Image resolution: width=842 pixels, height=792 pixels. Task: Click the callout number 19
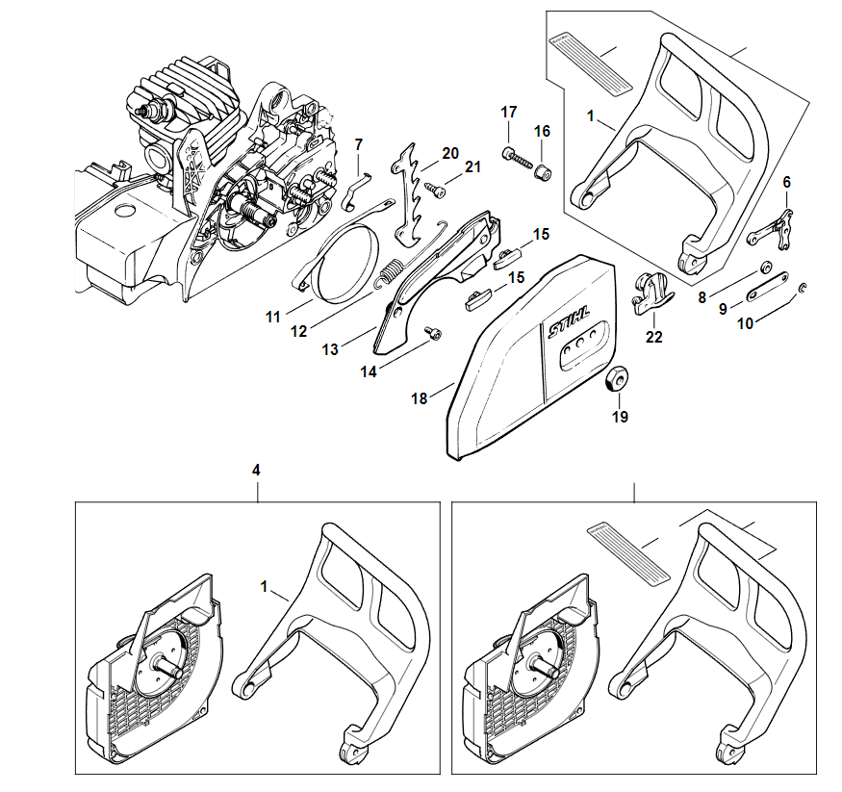[620, 417]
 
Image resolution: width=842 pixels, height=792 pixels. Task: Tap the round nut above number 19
[614, 379]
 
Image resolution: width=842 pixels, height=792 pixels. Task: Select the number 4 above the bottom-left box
[255, 470]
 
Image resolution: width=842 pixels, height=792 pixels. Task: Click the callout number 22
[654, 337]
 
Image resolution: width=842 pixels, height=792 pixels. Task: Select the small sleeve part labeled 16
[543, 172]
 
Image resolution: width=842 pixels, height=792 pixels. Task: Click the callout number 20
[450, 154]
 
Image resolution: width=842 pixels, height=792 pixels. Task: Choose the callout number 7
[359, 144]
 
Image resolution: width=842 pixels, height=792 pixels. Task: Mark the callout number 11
[272, 315]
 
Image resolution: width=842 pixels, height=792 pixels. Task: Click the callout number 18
[420, 398]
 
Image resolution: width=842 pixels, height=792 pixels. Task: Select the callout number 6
[786, 181]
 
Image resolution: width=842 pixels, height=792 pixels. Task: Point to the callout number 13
[330, 350]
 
